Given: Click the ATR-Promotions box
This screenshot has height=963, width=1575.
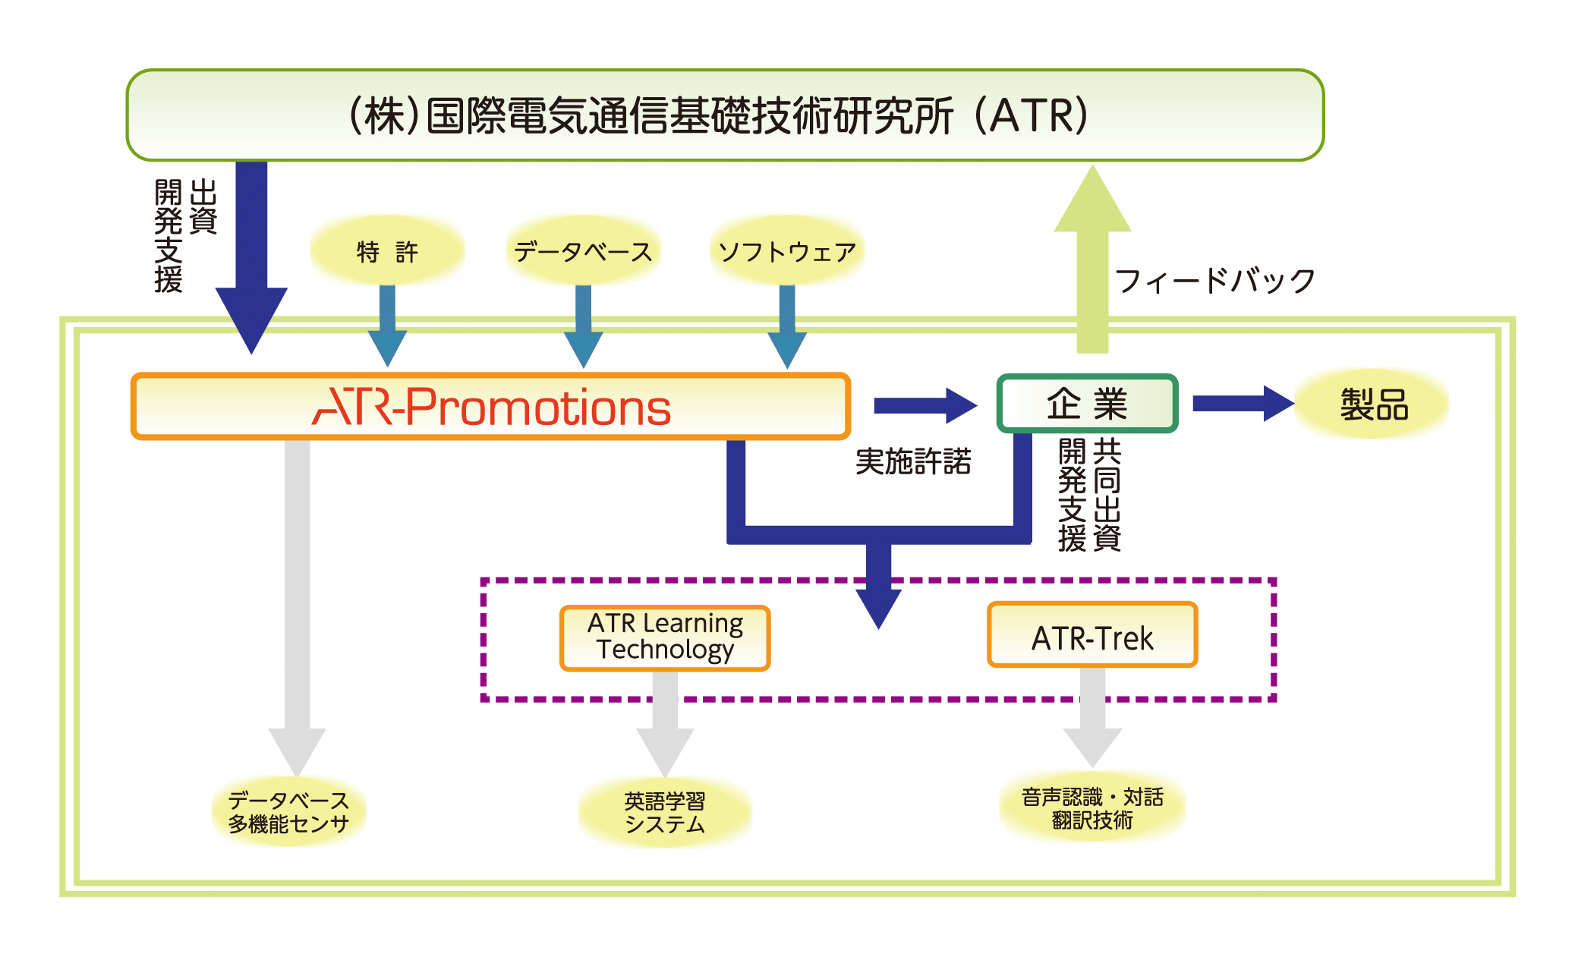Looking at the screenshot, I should click(490, 406).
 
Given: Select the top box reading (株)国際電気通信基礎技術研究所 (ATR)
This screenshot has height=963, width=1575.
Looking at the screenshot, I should click(725, 115).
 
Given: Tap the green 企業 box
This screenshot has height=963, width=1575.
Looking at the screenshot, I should click(1087, 403).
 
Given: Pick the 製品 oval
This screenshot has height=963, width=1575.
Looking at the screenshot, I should click(1373, 404).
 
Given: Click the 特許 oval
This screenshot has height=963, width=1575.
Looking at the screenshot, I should click(387, 251).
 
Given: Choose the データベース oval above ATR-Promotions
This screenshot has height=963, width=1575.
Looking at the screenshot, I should click(583, 251).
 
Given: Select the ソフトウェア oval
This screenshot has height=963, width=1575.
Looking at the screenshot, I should click(787, 251).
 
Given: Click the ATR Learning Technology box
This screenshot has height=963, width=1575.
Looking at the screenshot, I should click(665, 637).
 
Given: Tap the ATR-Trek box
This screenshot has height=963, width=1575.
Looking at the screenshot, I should click(1092, 636).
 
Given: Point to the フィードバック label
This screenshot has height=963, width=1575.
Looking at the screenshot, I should click(1214, 281).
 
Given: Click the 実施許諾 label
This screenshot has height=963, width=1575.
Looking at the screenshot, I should click(913, 461).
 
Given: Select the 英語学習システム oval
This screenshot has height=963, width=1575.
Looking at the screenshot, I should click(665, 812).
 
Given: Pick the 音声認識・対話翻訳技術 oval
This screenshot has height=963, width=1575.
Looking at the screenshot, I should click(1092, 808).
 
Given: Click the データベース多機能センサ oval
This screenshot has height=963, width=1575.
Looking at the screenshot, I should click(288, 812).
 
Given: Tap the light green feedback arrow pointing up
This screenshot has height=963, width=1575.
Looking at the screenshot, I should click(1092, 266).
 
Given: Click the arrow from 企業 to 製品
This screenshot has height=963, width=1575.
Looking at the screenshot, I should click(1242, 404).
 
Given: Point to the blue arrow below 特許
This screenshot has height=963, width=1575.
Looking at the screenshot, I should click(387, 326).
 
